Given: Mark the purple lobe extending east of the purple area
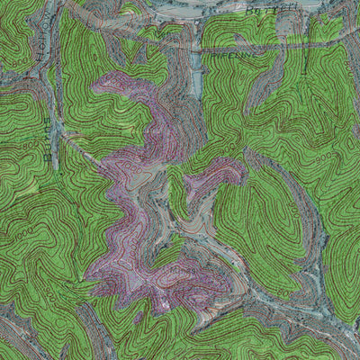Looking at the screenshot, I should click(x=216, y=175).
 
